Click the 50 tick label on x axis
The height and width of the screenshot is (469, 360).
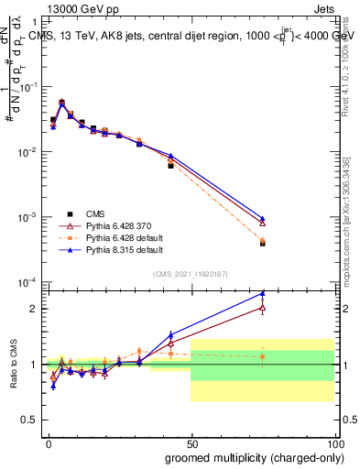click(x=191, y=442)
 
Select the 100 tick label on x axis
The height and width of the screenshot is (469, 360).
click(x=333, y=442)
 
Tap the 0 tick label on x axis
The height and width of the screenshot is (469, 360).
click(x=48, y=442)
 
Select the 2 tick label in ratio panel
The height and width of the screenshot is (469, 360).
click(x=36, y=309)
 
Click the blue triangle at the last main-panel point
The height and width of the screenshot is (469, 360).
click(x=262, y=218)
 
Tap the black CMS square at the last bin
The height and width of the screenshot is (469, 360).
click(x=262, y=244)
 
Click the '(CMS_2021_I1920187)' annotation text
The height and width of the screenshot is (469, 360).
click(x=191, y=273)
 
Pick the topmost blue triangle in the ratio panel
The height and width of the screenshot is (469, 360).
click(x=262, y=293)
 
